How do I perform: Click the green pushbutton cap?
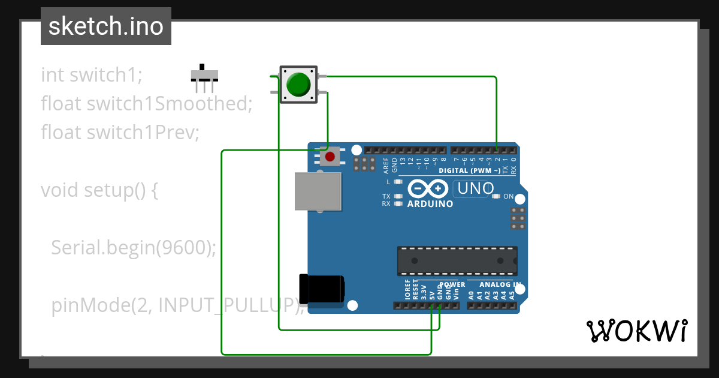(x=298, y=84)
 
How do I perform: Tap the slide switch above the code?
(x=204, y=76)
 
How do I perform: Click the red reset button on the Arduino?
(x=328, y=157)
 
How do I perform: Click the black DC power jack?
(x=321, y=289)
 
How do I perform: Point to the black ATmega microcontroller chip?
(x=457, y=260)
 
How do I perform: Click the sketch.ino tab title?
(x=106, y=26)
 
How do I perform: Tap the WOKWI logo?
(x=636, y=331)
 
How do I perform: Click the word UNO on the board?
(x=475, y=189)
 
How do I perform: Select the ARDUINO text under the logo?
(x=430, y=203)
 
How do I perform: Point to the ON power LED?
(x=496, y=196)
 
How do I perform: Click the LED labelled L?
(x=397, y=181)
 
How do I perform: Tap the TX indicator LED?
(x=397, y=196)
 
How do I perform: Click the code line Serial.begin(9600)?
(x=133, y=247)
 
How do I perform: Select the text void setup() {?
(x=99, y=190)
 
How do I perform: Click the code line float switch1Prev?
(x=120, y=132)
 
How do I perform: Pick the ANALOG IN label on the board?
(x=500, y=284)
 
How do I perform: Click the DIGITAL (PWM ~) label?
(x=469, y=170)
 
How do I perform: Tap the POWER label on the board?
(x=452, y=284)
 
